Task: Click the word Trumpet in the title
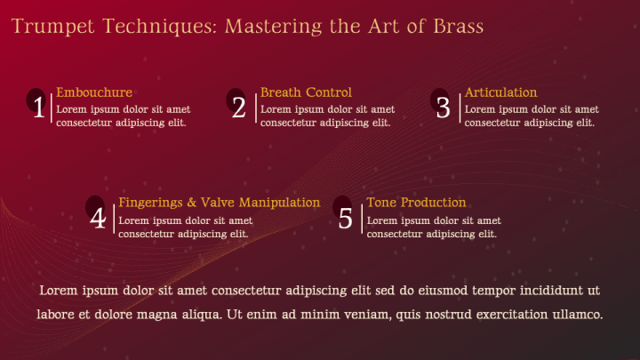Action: [x=53, y=27]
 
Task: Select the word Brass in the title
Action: [x=459, y=26]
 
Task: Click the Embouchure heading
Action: [x=94, y=92]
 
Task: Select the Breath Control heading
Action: [x=306, y=92]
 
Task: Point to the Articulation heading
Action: [x=500, y=92]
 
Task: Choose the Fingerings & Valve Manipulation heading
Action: [x=220, y=203]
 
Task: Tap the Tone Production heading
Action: [x=416, y=203]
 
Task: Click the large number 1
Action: [x=39, y=108]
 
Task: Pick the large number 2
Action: [x=239, y=108]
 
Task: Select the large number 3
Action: [x=443, y=108]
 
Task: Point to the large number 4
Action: [x=98, y=218]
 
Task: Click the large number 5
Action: [x=345, y=219]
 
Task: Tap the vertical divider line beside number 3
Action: [x=460, y=108]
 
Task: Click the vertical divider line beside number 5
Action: [x=362, y=220]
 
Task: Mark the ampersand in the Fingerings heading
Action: [x=191, y=203]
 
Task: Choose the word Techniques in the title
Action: [x=159, y=27]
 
